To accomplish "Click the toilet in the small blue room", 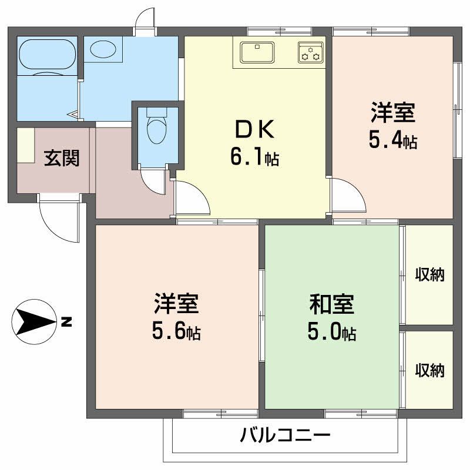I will click(x=156, y=129).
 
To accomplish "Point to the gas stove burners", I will click(x=310, y=52).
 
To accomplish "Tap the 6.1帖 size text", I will click(x=254, y=157).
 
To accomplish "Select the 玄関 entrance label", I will click(x=62, y=158).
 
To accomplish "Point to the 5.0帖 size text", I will click(x=331, y=333).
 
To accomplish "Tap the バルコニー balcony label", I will click(x=285, y=436).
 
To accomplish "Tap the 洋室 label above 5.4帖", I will click(x=392, y=112).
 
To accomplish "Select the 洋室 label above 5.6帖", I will click(x=176, y=304).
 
